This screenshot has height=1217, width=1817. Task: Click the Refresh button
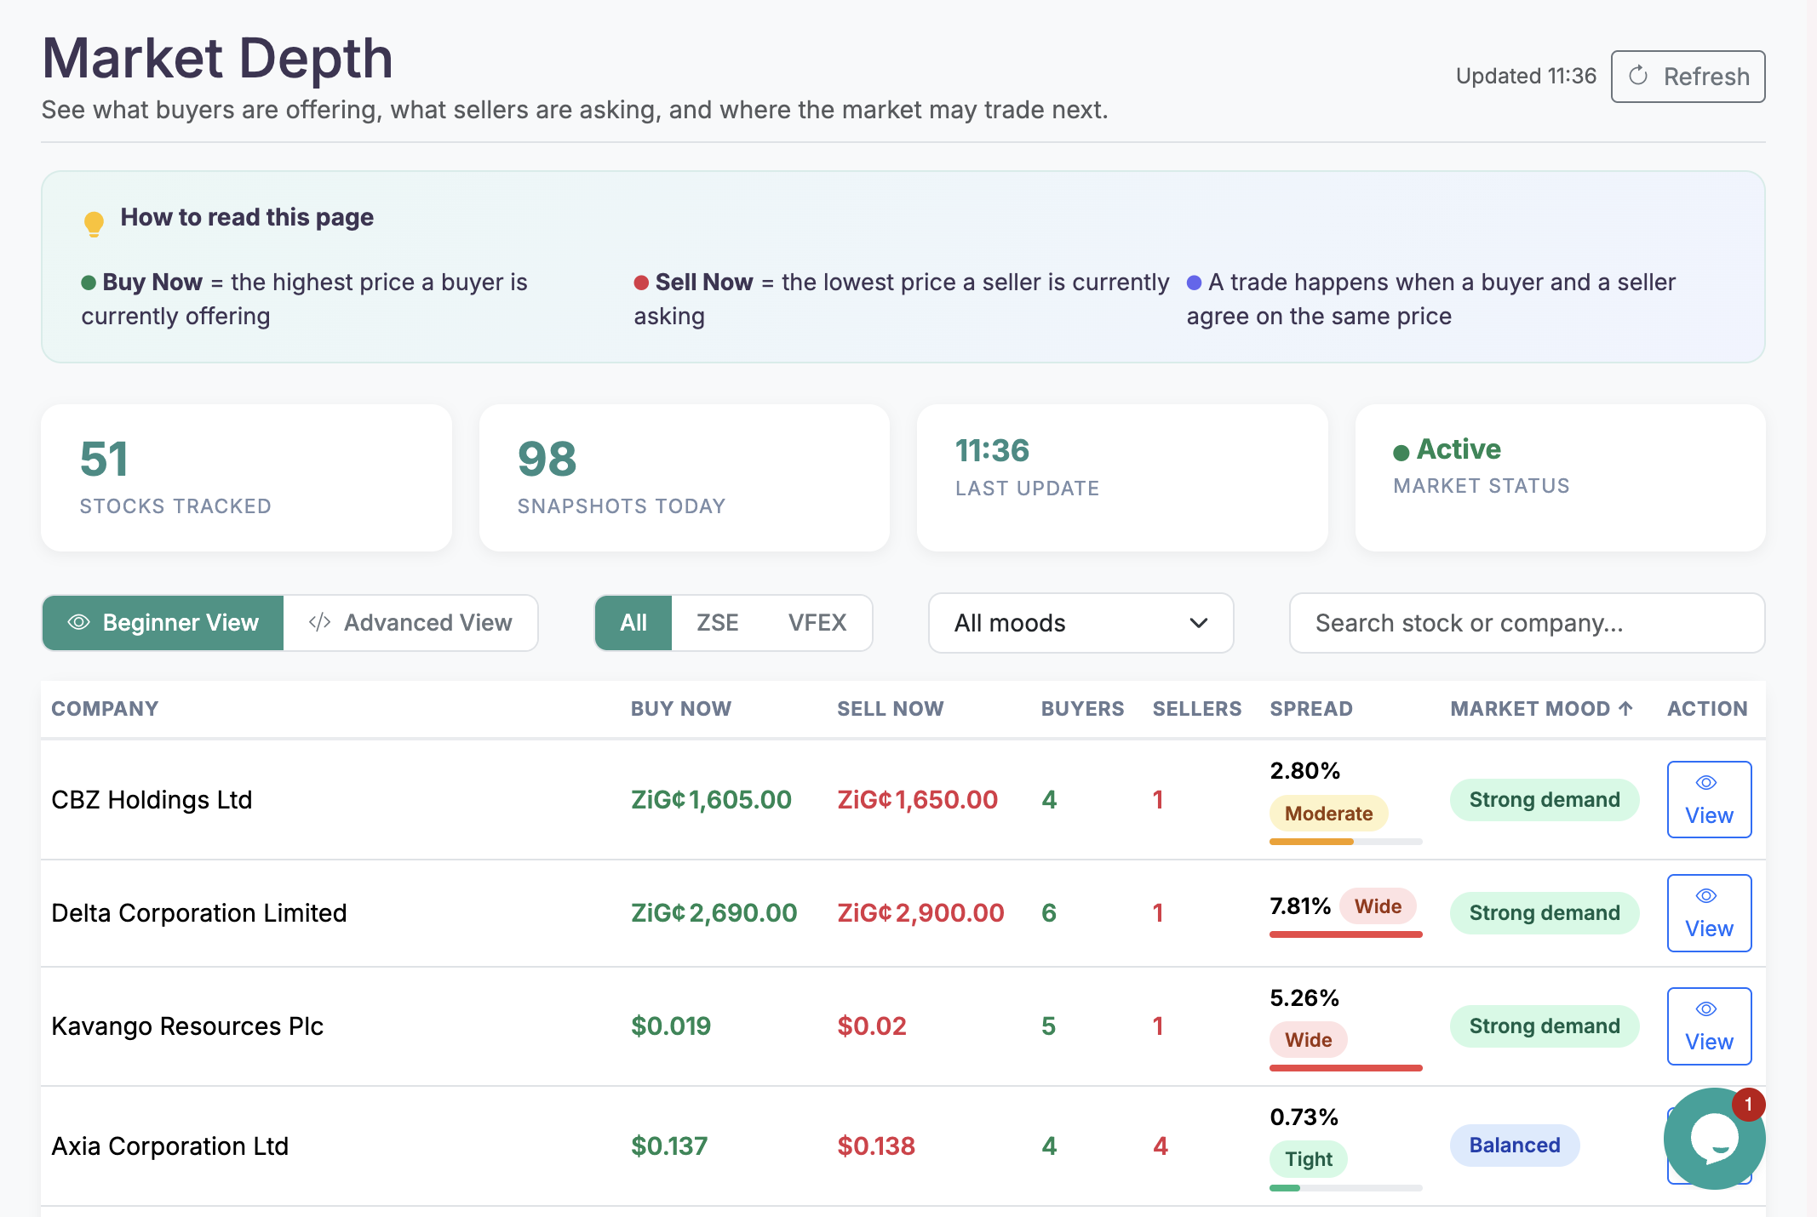(x=1688, y=77)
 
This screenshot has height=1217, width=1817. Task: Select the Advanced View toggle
(x=411, y=623)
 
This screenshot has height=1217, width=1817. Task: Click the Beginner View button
(x=163, y=623)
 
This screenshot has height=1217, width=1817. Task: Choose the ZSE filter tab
(x=717, y=623)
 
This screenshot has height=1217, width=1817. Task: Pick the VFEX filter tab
(x=817, y=623)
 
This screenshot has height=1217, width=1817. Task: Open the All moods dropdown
(x=1080, y=623)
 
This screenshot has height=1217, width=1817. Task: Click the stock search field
(x=1526, y=623)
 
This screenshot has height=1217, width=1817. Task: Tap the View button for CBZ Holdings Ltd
(x=1708, y=799)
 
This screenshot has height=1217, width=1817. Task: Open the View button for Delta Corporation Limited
(x=1708, y=912)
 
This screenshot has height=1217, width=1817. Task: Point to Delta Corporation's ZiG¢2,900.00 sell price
(x=920, y=913)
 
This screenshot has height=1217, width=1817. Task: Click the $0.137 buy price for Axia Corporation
(x=669, y=1146)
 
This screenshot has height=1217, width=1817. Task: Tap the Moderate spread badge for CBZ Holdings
(x=1328, y=814)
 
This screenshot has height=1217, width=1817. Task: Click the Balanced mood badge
(x=1514, y=1146)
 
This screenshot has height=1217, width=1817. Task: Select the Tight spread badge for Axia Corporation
(x=1309, y=1159)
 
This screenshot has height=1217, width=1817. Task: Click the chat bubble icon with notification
(x=1712, y=1139)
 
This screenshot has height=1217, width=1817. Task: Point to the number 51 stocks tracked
(x=104, y=460)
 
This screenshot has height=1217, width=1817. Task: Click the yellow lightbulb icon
(x=94, y=223)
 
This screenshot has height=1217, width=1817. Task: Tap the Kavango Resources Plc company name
(x=187, y=1026)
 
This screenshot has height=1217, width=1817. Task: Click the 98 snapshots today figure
(x=547, y=460)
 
